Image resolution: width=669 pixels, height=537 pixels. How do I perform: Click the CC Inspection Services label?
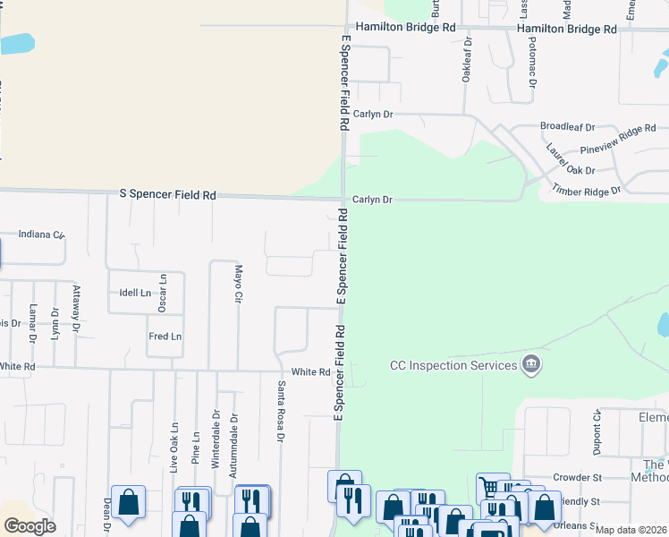pos(453,365)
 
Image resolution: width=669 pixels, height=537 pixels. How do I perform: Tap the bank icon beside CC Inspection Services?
pos(531,364)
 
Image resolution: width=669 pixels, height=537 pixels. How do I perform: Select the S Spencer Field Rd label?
pos(168,194)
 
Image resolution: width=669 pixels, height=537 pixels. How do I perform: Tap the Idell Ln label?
pos(135,293)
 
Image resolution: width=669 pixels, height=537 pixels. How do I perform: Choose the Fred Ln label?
pos(165,337)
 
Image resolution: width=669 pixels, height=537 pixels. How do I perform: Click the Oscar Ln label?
pos(163,293)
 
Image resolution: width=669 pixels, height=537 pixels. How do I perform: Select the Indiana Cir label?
pos(41,234)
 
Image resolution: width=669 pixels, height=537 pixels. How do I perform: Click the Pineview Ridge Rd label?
pos(618,133)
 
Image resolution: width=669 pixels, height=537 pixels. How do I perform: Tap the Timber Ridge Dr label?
pos(586,191)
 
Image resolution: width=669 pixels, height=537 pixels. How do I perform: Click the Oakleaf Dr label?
pos(466,61)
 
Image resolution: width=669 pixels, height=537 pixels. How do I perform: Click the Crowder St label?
pos(578,478)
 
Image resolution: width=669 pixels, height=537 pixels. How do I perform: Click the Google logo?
pos(30,526)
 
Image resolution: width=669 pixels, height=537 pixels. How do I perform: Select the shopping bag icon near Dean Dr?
pos(129,502)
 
